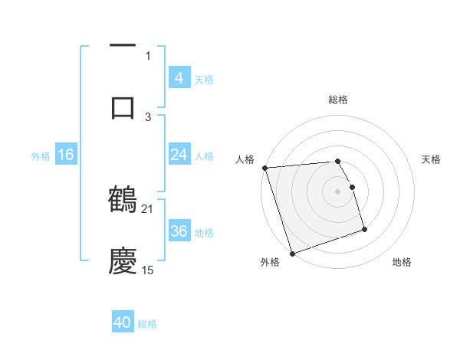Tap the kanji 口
(123, 107)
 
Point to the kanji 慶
(123, 261)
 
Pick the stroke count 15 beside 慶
(148, 270)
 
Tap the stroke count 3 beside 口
(148, 116)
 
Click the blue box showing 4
(179, 77)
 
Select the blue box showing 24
(179, 155)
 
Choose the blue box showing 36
(179, 231)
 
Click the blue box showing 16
(66, 155)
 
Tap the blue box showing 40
(123, 322)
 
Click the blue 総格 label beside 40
(147, 324)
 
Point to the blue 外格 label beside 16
(41, 156)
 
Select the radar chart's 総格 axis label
(338, 100)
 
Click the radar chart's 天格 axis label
(432, 159)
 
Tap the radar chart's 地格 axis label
(402, 263)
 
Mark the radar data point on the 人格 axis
(264, 168)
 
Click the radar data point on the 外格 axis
(292, 252)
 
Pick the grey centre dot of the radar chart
(338, 191)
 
